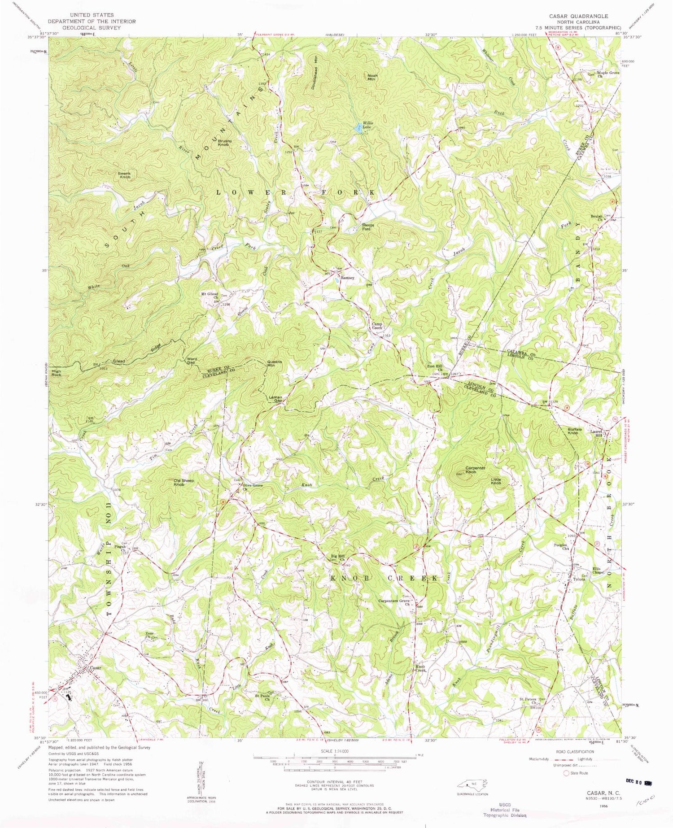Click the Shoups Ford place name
368,227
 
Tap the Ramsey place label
347,278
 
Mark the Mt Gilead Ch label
210,296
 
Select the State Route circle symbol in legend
567,773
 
